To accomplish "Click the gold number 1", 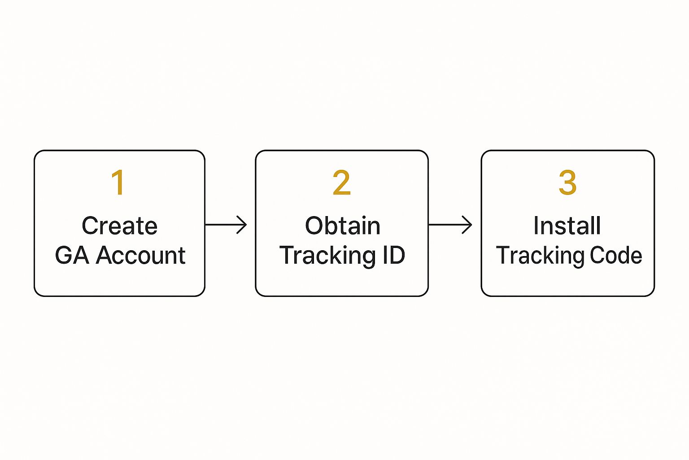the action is click(x=118, y=182).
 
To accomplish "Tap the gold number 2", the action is click(x=342, y=182).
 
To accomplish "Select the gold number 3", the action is click(x=567, y=182).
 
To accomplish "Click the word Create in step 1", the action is click(x=120, y=226).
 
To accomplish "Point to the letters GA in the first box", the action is click(x=72, y=255).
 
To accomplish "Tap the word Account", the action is click(x=140, y=255).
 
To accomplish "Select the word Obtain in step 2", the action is click(x=343, y=225).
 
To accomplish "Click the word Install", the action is click(x=567, y=225).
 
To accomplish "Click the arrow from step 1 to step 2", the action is click(x=226, y=225).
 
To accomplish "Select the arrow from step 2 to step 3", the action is click(x=450, y=225).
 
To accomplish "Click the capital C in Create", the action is click(x=91, y=226).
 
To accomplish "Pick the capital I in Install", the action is click(x=536, y=225).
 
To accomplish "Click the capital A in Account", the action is click(x=105, y=255).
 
